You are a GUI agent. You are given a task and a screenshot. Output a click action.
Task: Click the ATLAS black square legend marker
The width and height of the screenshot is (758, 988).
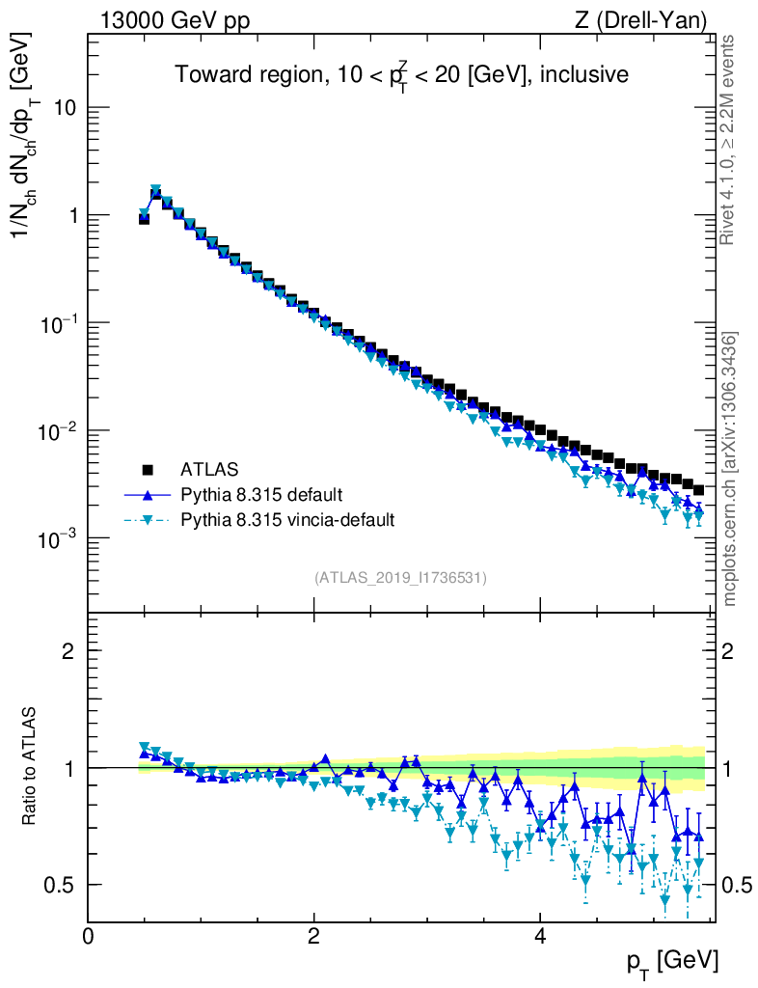click(x=148, y=470)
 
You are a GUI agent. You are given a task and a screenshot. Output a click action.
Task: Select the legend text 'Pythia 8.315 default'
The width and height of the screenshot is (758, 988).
click(x=260, y=495)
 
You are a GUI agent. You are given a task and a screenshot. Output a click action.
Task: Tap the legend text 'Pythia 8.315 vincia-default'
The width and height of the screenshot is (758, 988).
click(x=287, y=520)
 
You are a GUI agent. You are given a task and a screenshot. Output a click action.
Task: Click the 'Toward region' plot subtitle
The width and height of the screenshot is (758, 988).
click(x=400, y=74)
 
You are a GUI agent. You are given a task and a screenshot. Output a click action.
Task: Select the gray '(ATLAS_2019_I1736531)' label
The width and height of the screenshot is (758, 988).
click(x=400, y=578)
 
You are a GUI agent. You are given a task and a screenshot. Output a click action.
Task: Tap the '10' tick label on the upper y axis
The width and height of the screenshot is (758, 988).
click(x=64, y=108)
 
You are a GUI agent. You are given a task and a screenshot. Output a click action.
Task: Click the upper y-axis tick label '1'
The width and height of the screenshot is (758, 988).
click(x=71, y=215)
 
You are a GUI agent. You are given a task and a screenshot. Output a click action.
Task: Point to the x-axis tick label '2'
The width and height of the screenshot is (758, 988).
click(x=313, y=936)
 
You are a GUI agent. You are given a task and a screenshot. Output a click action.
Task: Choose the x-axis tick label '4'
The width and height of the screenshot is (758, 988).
click(x=540, y=936)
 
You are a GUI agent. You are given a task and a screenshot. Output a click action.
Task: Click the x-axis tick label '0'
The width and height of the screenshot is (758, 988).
click(x=88, y=936)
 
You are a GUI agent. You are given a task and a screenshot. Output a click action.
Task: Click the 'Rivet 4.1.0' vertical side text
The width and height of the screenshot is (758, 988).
click(x=730, y=140)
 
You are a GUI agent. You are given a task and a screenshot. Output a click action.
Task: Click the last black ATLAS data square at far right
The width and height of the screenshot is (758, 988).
click(x=698, y=490)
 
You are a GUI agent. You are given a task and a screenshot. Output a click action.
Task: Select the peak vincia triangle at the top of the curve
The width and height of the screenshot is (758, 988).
click(x=155, y=190)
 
